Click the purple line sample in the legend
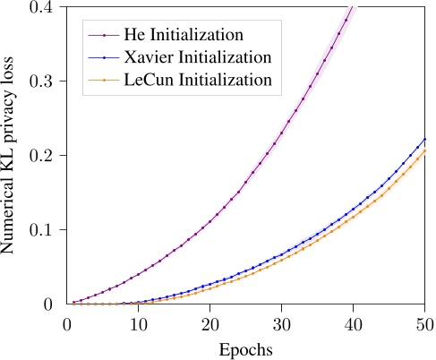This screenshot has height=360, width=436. coord(105,36)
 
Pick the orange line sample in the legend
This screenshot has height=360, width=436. coord(105,80)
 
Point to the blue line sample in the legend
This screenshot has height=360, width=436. coord(105,57)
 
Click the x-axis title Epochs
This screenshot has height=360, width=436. coord(245,346)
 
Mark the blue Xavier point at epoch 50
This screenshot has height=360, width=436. coord(425,140)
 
